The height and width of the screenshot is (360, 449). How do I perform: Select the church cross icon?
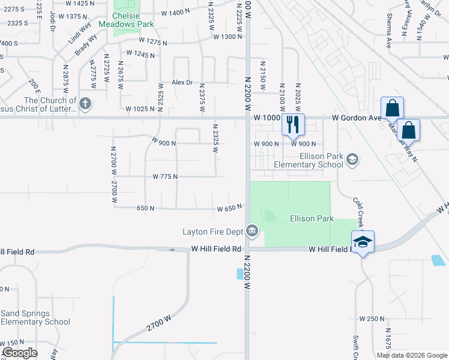pos(85,104)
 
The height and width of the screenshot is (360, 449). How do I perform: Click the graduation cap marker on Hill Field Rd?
pos(363,241)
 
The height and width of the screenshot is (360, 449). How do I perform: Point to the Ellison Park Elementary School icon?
pos(352,159)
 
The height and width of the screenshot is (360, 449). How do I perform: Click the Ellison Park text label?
pos(311,218)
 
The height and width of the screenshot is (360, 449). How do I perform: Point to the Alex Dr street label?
pos(182,82)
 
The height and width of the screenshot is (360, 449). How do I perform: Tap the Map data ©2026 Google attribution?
pos(411,355)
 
